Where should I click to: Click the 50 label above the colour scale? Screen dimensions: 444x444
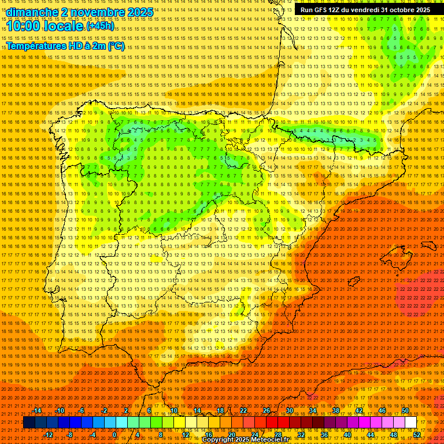(405, 410)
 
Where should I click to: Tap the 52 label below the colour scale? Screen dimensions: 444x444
(417, 435)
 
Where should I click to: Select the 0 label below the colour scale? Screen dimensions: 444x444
(115, 435)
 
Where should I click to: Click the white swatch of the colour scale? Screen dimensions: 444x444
(410, 423)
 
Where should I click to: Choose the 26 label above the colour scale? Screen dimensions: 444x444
(267, 410)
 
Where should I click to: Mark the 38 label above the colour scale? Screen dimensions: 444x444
(336, 410)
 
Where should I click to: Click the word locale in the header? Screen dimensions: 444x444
(65, 27)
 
